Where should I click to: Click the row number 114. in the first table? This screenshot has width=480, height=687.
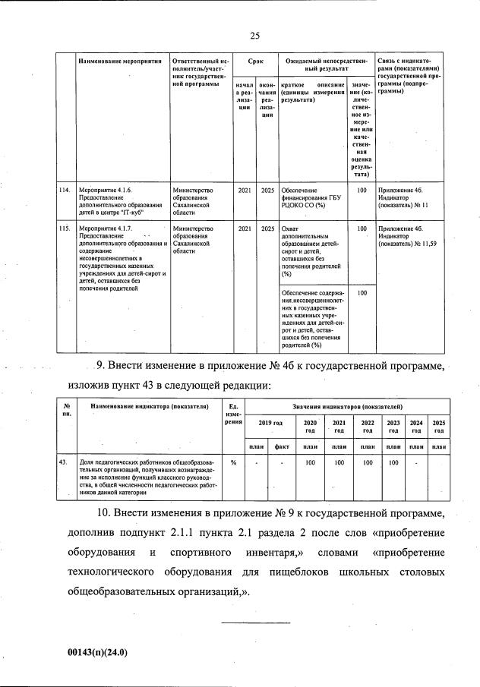pyautogui.click(x=65, y=190)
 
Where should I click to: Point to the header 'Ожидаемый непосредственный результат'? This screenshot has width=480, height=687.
pyautogui.click(x=326, y=64)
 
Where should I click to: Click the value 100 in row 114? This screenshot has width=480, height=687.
pyautogui.click(x=362, y=190)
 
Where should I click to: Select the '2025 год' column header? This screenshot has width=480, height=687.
pyautogui.click(x=439, y=426)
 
